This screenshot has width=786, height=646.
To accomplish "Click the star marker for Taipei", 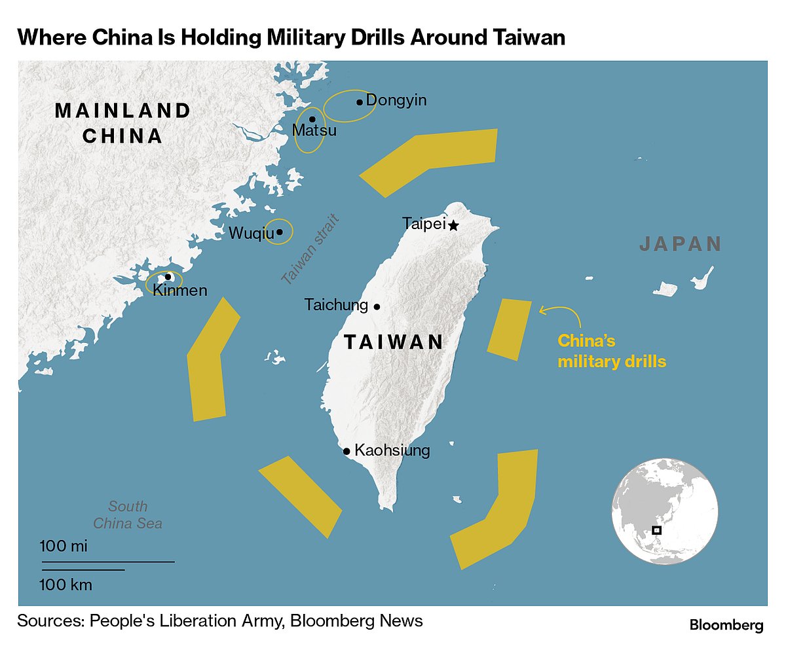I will [x=453, y=225].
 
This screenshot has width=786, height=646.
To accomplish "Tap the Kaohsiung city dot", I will [x=346, y=451].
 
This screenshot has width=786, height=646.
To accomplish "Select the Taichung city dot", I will [x=377, y=306].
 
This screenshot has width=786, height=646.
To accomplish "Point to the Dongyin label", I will [x=396, y=100].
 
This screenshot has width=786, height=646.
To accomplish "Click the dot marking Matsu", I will [x=312, y=119].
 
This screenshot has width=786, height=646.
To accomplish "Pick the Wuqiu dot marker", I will [x=280, y=232].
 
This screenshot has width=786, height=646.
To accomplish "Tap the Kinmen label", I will [x=179, y=291].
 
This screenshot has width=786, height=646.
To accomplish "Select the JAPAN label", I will [x=681, y=244].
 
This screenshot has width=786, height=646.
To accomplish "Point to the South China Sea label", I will [x=128, y=514].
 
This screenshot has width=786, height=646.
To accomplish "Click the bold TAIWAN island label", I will [x=394, y=342].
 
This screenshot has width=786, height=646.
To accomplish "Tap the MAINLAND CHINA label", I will [x=122, y=122].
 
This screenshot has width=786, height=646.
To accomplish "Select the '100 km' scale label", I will [x=65, y=584].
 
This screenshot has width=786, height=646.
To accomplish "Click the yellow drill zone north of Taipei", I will [x=429, y=158].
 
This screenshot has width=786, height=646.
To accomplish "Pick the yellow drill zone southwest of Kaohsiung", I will [x=300, y=496].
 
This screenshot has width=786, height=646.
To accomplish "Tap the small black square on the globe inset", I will [x=657, y=530].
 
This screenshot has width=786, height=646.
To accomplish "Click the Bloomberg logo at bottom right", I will [x=726, y=625].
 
